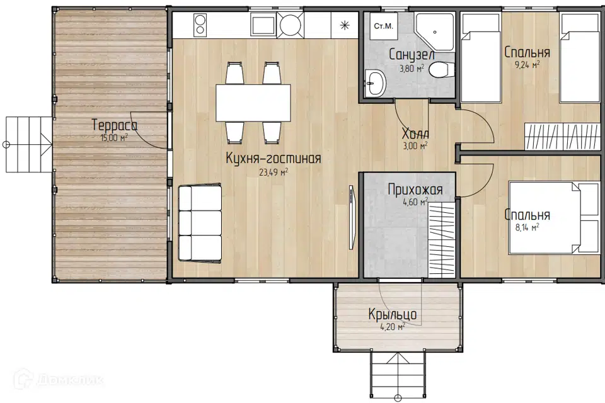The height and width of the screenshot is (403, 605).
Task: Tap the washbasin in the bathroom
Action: click(x=374, y=82)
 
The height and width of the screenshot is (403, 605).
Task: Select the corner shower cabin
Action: click(x=434, y=32)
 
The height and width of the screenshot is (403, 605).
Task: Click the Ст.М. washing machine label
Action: click(x=384, y=26)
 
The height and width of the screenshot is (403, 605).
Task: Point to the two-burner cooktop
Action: click(x=200, y=25)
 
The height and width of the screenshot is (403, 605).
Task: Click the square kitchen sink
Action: click(x=263, y=25)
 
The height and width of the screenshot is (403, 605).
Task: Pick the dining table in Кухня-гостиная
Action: click(x=253, y=103)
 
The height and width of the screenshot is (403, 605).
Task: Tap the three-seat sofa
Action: click(x=200, y=224)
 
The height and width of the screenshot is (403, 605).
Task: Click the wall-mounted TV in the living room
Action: click(x=351, y=217)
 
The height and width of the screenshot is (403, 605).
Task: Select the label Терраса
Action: click(x=115, y=125)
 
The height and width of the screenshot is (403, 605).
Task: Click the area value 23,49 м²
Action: click(x=274, y=172)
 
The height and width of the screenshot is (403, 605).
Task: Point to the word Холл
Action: click(x=415, y=134)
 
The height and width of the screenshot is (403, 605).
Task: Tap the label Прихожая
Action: click(x=415, y=190)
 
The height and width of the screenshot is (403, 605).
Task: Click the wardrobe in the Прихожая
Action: click(x=442, y=239)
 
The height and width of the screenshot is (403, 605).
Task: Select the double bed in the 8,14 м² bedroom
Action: click(x=554, y=217)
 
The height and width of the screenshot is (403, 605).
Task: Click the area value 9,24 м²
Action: click(x=527, y=64)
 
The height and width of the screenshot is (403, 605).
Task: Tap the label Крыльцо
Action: click(x=393, y=315)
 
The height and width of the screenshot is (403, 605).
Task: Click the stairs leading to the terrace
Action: click(x=29, y=144)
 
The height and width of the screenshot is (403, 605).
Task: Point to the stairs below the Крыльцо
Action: click(x=398, y=374)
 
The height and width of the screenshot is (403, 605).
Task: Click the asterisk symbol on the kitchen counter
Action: click(x=345, y=25)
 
